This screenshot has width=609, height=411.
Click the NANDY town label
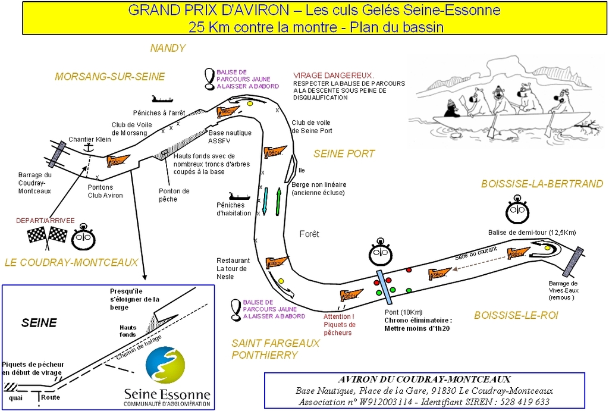click(x=168, y=48)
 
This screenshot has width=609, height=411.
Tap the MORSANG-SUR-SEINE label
click(x=109, y=77)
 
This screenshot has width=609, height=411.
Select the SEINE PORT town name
click(x=344, y=153)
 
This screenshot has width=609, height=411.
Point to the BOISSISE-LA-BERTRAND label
click(x=542, y=184)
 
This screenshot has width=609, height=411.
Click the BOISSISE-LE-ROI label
click(x=516, y=315)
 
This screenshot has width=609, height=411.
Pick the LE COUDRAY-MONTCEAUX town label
click(x=71, y=262)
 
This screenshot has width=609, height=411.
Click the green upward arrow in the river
click(x=278, y=202)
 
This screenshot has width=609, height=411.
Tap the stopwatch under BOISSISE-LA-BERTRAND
click(x=517, y=211)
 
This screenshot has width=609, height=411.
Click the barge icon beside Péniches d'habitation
click(x=240, y=195)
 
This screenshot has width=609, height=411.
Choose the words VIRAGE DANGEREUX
click(x=333, y=76)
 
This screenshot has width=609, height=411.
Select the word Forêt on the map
click(x=309, y=234)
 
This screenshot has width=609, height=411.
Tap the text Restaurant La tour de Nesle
click(x=233, y=268)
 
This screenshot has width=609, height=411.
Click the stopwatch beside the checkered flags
click(x=83, y=238)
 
